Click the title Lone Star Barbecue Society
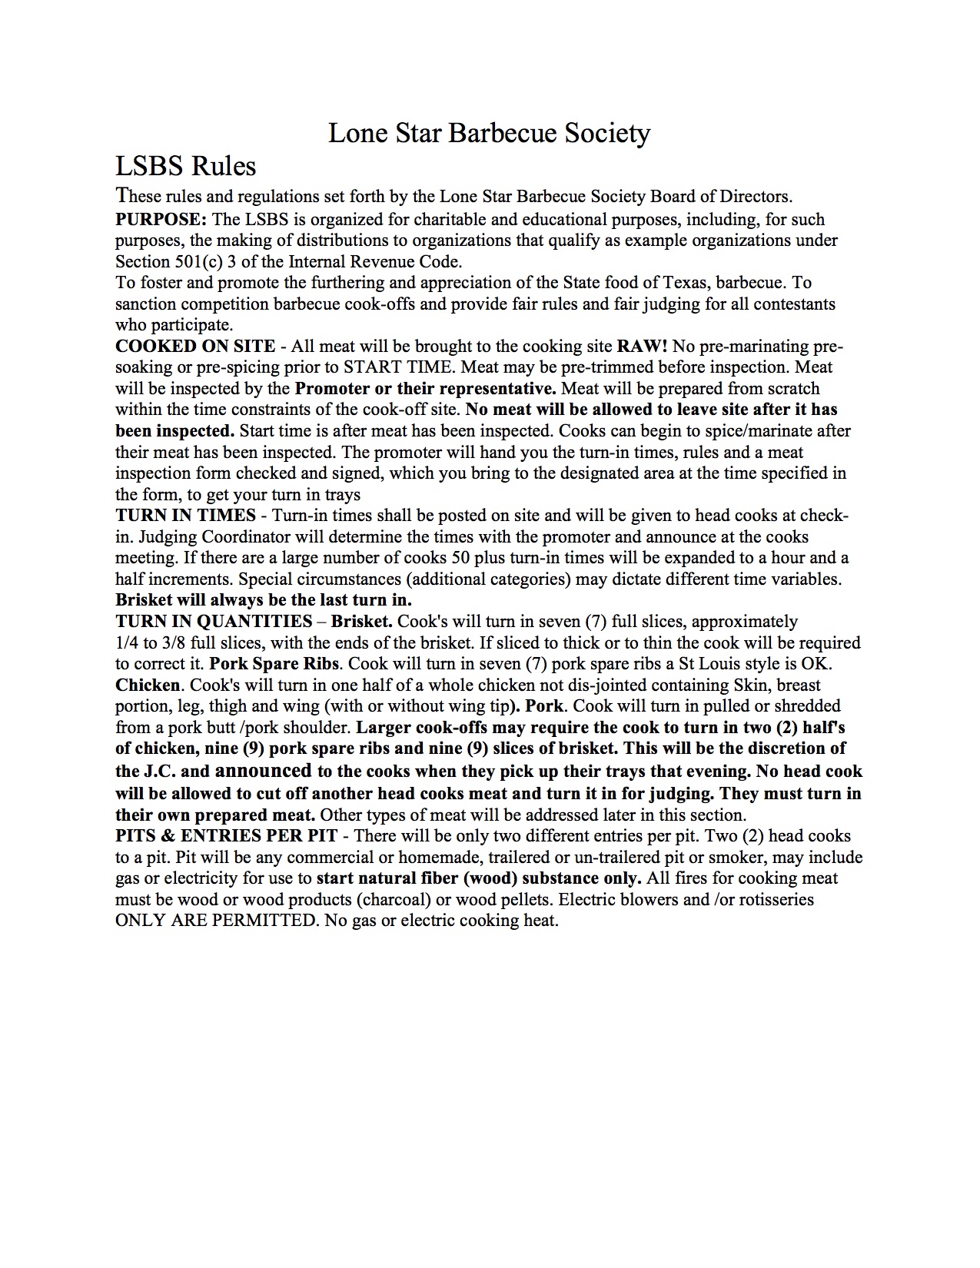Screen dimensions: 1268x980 coord(489,133)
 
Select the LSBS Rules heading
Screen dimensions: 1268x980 coord(185,166)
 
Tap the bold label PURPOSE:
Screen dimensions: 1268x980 coord(161,220)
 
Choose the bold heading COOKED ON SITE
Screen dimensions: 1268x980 coord(195,347)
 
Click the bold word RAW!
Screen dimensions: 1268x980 coord(643,347)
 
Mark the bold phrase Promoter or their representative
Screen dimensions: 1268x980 coord(426,389)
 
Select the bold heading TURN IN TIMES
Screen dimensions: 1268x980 coord(185,516)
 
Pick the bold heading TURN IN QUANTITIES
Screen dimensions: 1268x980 coord(214,621)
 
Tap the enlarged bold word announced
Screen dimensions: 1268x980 coord(264,770)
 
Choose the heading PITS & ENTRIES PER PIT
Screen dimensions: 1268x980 coord(226,836)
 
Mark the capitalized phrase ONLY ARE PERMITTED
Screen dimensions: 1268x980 coord(215,921)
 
